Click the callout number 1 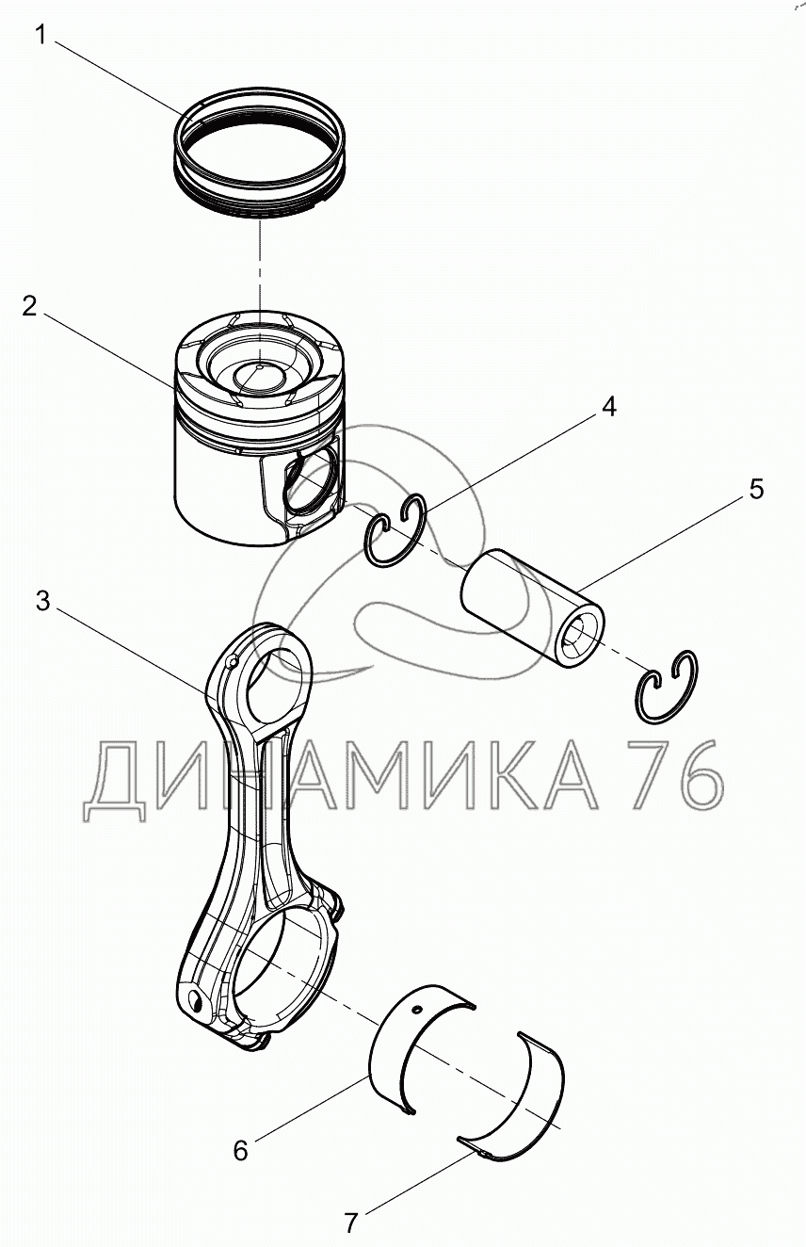[40, 36]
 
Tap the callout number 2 [30, 305]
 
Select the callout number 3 [43, 601]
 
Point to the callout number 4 [609, 407]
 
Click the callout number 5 [756, 489]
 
